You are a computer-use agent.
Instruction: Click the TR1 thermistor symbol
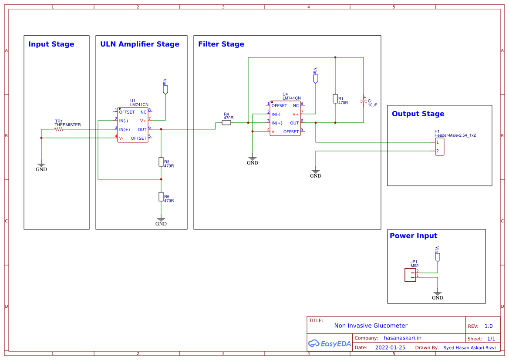59,129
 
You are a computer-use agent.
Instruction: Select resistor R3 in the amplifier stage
161,162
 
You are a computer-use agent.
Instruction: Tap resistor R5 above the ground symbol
161,197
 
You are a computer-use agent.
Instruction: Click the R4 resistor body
226,123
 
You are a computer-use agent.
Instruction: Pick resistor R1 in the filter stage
335,99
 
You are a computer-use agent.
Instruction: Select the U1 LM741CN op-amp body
133,125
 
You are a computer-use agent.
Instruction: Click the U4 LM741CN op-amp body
285,118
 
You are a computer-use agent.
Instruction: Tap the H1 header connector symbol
440,147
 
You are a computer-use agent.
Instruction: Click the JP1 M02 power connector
410,275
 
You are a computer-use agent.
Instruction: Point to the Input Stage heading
51,44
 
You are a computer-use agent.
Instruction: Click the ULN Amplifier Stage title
139,44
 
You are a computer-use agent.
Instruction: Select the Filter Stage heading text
221,44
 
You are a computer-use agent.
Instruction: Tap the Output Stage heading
418,114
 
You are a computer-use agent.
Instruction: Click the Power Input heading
413,236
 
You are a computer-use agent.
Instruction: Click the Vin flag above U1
165,88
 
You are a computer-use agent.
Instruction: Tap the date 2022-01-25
390,347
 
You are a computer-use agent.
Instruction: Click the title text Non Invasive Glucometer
371,326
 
